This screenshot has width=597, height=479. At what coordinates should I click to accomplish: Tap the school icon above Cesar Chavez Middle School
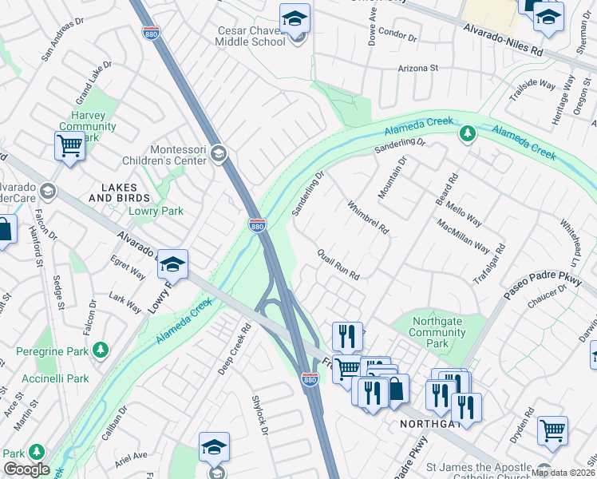[295, 18]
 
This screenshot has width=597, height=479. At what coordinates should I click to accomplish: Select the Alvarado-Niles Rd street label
[503, 38]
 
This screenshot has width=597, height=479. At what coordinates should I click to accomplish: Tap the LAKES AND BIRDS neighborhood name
[119, 192]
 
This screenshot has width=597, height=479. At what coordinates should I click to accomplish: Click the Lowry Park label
[156, 211]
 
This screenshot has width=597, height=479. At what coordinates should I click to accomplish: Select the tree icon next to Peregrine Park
[101, 350]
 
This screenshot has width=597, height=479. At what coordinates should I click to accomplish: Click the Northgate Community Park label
[437, 333]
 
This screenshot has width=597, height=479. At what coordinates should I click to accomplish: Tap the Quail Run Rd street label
[338, 263]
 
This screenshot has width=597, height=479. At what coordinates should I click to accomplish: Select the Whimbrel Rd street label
[368, 216]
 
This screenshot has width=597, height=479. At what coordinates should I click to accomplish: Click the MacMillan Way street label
[464, 236]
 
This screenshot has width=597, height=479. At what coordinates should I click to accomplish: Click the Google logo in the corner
[26, 469]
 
